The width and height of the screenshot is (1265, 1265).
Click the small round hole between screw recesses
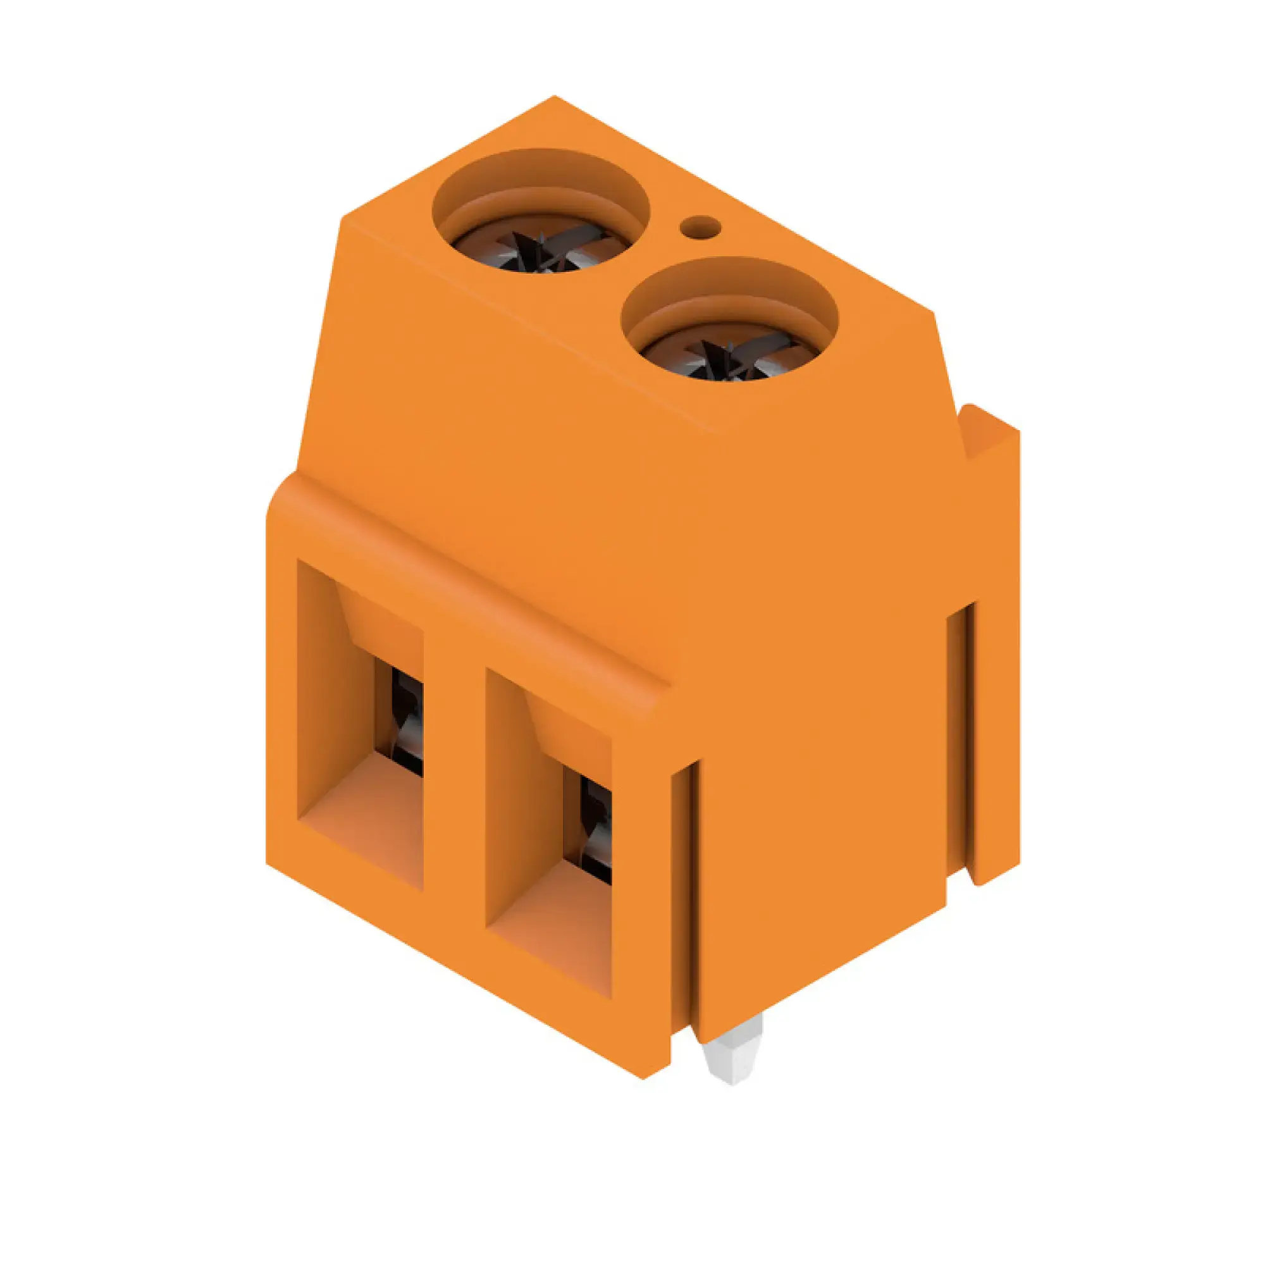click(x=700, y=228)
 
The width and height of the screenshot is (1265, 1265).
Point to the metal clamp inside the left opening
click(x=406, y=720)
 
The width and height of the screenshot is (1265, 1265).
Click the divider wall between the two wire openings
click(x=454, y=786)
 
